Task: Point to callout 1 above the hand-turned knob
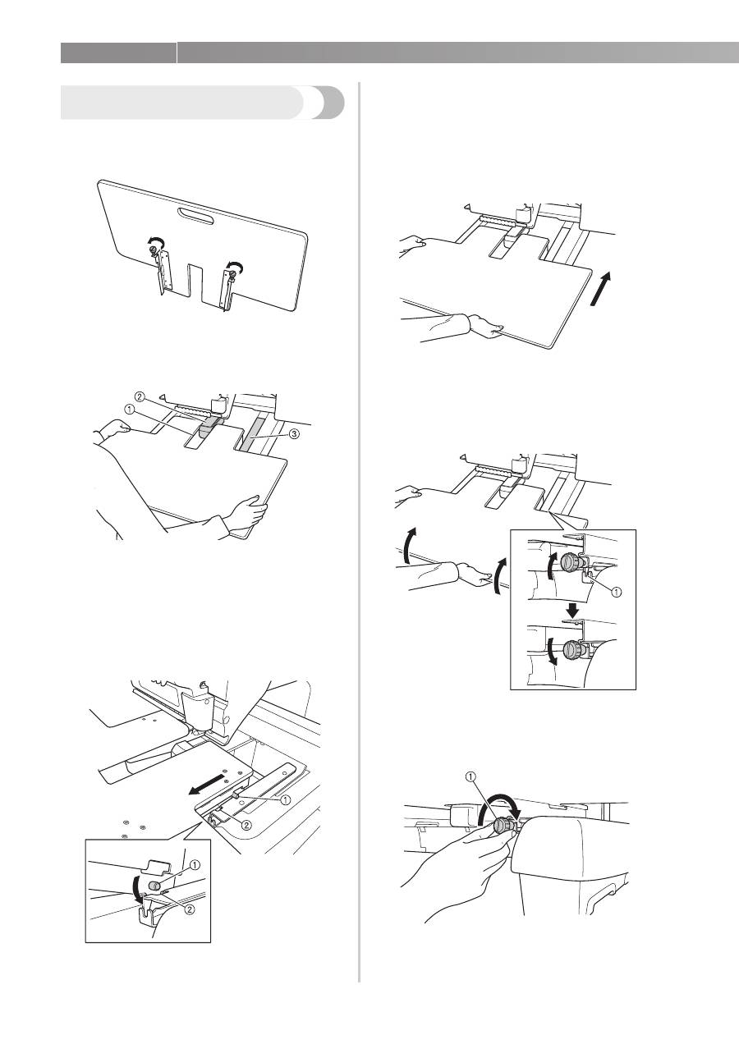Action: click(x=471, y=782)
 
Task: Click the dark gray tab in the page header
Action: click(x=119, y=53)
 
